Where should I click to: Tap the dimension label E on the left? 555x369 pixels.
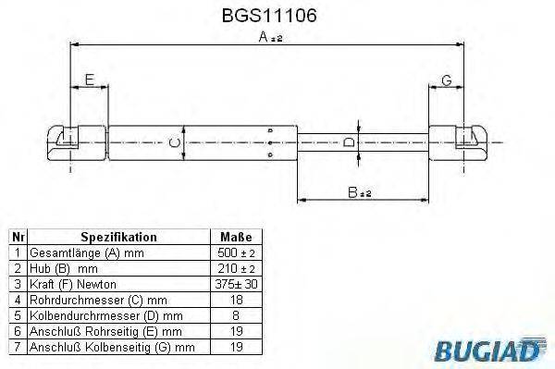pyautogui.click(x=90, y=80)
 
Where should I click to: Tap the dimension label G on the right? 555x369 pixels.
pyautogui.click(x=447, y=80)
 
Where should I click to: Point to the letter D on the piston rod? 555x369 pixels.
pyautogui.click(x=348, y=142)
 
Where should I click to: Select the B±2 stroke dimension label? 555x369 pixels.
pyautogui.click(x=360, y=192)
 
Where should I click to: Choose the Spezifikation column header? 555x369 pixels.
pyautogui.click(x=118, y=237)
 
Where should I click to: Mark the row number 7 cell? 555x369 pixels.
pyautogui.click(x=16, y=346)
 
